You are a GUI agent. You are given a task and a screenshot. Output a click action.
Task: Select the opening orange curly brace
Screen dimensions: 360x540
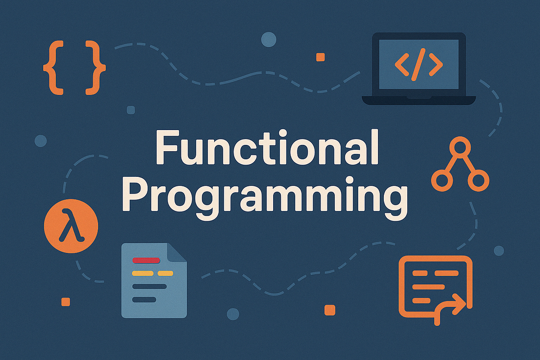[53, 68]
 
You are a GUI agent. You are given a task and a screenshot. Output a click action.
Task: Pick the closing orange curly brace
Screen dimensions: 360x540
[95, 68]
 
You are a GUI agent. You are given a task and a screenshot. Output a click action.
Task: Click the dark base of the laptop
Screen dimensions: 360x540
[418, 100]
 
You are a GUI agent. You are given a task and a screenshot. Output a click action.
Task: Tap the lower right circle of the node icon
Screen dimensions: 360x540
[478, 180]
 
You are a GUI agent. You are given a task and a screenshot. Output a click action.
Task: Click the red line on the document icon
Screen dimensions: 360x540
[147, 260]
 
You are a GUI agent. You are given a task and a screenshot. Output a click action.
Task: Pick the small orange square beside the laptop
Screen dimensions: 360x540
[320, 57]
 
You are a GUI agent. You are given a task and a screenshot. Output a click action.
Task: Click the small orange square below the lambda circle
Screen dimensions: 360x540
[66, 301]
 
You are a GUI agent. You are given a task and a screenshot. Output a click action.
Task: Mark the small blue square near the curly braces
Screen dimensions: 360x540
[131, 110]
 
